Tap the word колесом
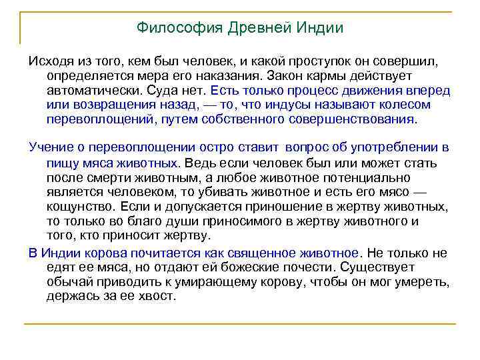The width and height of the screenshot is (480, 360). [408, 105]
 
